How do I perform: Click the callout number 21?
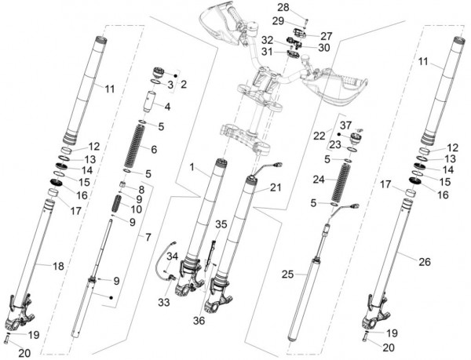(275, 187)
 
